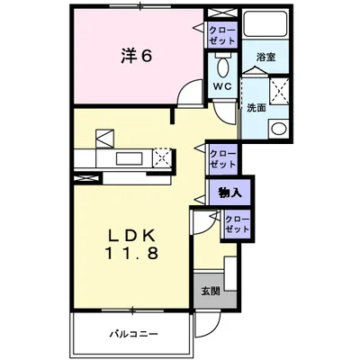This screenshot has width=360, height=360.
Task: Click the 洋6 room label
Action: point(136,56)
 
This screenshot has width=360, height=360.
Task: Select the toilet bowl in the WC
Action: point(222,66)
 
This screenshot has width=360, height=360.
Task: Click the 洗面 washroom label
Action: point(256,108)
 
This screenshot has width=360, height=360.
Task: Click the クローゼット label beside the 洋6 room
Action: point(223,35)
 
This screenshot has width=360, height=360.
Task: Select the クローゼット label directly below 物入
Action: point(237,225)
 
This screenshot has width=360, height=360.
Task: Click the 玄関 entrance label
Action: point(209,290)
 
